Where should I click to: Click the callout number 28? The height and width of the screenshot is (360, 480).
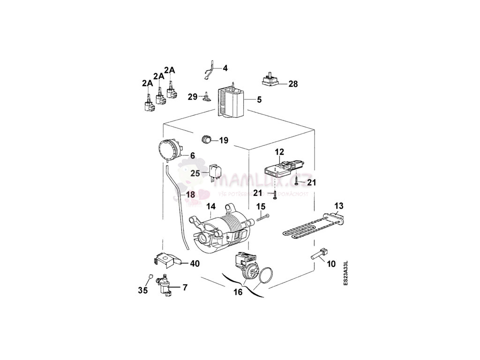coord(293,84)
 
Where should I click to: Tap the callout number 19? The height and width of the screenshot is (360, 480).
coord(223,140)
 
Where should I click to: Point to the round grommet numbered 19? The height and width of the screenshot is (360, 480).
coord(206,139)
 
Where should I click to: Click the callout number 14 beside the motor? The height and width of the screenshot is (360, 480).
coord(211,206)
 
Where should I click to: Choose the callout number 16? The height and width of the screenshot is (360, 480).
coord(238,292)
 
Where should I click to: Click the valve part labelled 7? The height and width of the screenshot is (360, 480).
coord(165,285)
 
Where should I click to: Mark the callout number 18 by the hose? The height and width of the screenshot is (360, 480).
coord(190,195)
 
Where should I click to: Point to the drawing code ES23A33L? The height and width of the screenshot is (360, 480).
coord(345,274)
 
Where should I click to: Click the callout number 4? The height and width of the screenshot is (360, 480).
coord(225,68)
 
